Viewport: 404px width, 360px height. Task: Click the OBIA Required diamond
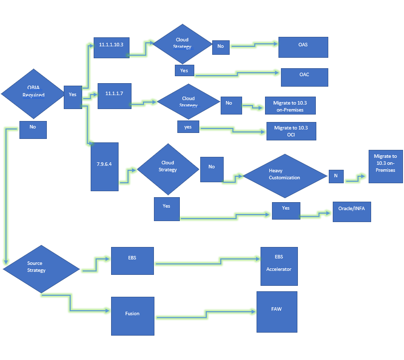pyautogui.click(x=33, y=92)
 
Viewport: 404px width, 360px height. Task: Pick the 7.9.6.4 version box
pyautogui.click(x=105, y=166)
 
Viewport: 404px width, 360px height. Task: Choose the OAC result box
pyautogui.click(x=304, y=77)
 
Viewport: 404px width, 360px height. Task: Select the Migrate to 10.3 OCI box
pyautogui.click(x=291, y=131)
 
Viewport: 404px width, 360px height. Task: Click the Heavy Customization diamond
pyautogui.click(x=284, y=174)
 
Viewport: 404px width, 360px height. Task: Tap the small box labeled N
pyautogui.click(x=336, y=176)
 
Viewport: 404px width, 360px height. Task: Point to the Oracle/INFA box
pyautogui.click(x=352, y=211)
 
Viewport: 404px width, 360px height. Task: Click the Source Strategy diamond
pyautogui.click(x=41, y=269)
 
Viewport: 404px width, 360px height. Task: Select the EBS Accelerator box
pyautogui.click(x=278, y=266)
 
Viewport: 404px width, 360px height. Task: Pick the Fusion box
pyautogui.click(x=133, y=316)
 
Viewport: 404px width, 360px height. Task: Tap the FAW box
pyautogui.click(x=276, y=312)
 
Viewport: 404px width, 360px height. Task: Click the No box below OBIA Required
pyautogui.click(x=33, y=129)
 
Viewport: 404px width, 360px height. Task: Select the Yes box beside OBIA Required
pyautogui.click(x=73, y=97)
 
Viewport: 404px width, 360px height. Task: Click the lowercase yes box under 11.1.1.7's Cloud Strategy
pyautogui.click(x=188, y=126)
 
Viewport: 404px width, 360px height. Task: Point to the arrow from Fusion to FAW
pyautogui.click(x=206, y=314)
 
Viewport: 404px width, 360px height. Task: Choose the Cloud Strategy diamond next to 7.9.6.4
pyautogui.click(x=167, y=169)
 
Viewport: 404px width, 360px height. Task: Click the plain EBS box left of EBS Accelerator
pyautogui.click(x=132, y=260)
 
